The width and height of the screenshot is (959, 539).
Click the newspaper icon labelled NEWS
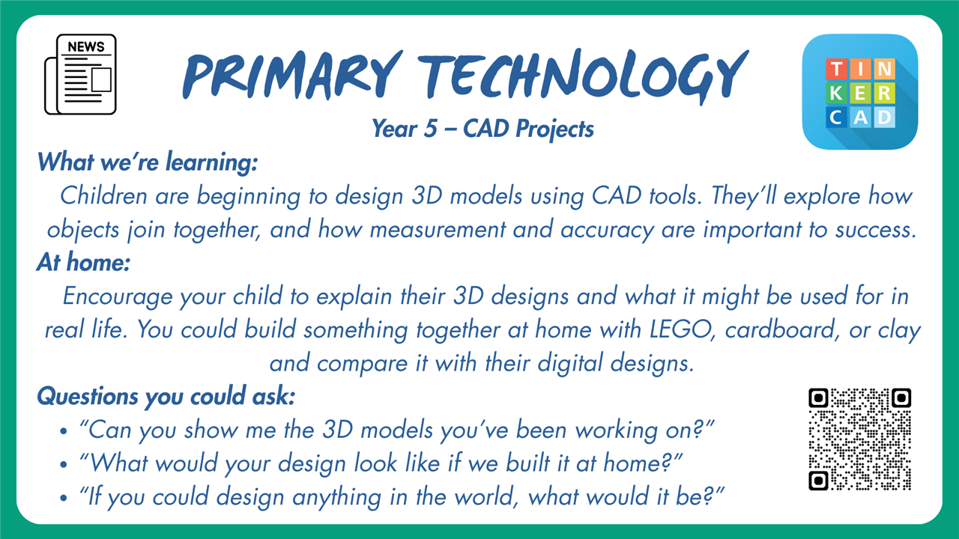pos(80,74)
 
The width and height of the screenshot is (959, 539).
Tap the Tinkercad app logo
pos(859,92)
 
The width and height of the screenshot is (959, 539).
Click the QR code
pos(859,439)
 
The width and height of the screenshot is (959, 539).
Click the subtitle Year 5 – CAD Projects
pos(483,129)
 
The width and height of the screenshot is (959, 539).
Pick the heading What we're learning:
pos(148,162)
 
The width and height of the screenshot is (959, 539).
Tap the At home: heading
pos(83,262)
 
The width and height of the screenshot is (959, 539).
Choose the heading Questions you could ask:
pos(166,396)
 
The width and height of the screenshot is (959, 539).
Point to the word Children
pos(103,196)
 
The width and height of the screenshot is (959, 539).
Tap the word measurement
pos(438,230)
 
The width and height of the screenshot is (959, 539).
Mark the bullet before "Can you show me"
pos(64,430)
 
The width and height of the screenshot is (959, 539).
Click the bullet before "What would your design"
pos(64,464)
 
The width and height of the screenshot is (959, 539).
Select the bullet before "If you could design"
pos(64,498)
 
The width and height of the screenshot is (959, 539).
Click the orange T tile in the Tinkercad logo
pos(836,68)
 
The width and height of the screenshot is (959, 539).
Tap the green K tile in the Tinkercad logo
pos(836,93)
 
